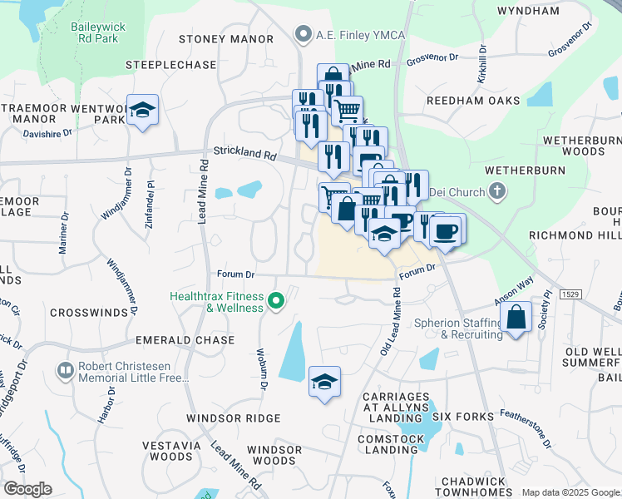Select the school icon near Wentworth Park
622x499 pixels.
(x=143, y=110)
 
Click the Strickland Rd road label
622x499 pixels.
(x=244, y=154)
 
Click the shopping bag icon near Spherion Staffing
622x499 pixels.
(x=516, y=317)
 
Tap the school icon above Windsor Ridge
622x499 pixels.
(x=324, y=382)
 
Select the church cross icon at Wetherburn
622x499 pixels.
(x=496, y=193)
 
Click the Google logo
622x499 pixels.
(x=27, y=489)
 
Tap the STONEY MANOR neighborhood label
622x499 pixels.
(x=227, y=39)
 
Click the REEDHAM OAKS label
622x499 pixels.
(x=473, y=101)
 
